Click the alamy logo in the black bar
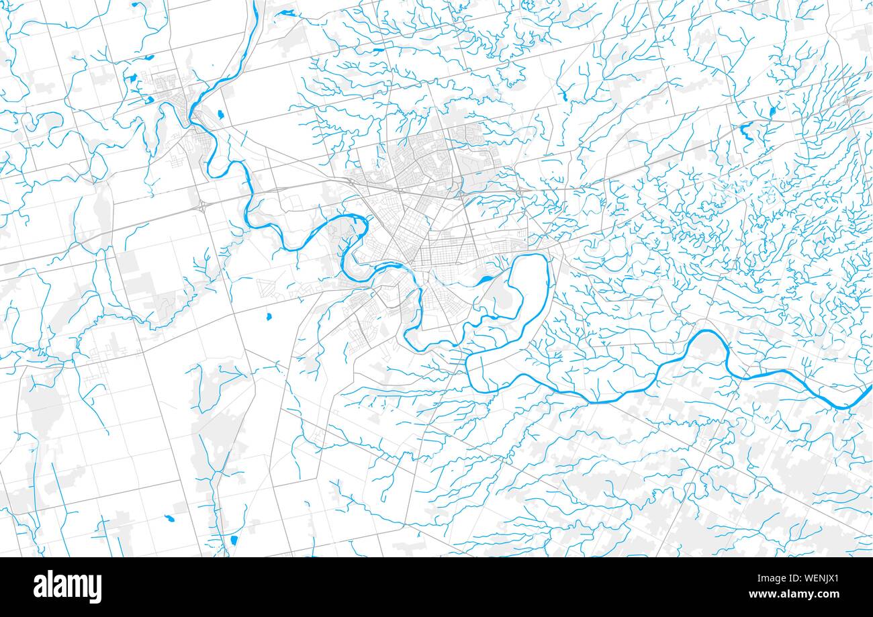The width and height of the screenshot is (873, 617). pyautogui.click(x=67, y=587)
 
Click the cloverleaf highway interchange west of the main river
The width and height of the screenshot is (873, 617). pyautogui.click(x=202, y=207)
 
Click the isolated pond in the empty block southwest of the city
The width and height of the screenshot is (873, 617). pyautogui.click(x=268, y=316)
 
